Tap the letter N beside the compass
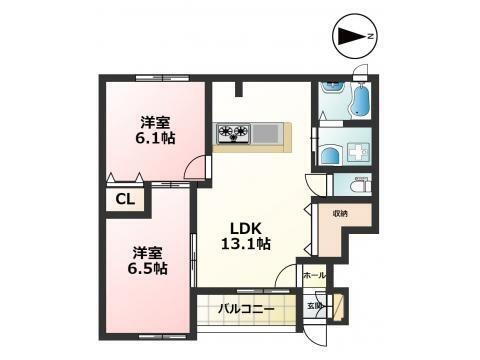pyautogui.click(x=371, y=37)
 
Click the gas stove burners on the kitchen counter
pyautogui.click(x=233, y=131)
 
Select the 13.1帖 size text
pyautogui.click(x=246, y=243)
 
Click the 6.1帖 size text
pyautogui.click(x=154, y=139)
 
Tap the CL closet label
pyautogui.click(x=125, y=199)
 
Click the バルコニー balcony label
pyautogui.click(x=246, y=309)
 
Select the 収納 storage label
pyautogui.click(x=341, y=213)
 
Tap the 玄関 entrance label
pyautogui.click(x=313, y=306)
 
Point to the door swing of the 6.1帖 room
pyautogui.click(x=200, y=167)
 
